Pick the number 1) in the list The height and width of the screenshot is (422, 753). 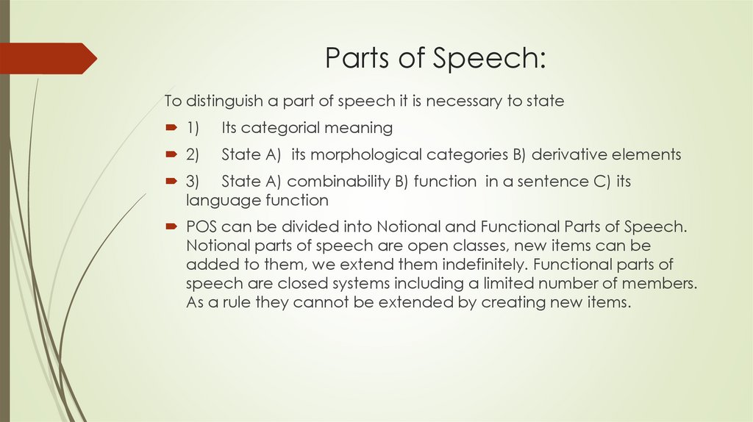193,128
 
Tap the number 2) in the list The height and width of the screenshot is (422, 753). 193,154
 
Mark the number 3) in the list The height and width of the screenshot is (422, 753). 193,182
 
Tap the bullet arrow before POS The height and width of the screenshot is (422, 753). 171,226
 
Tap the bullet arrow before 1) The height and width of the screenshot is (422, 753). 171,128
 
